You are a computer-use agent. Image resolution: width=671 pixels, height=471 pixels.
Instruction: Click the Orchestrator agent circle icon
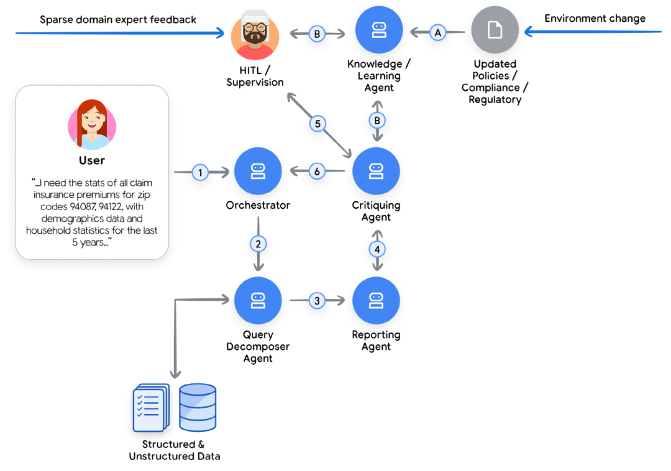[258, 171]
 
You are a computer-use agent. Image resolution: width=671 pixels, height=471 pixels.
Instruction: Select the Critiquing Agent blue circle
[376, 171]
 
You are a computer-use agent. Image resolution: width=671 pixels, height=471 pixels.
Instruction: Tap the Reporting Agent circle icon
[376, 301]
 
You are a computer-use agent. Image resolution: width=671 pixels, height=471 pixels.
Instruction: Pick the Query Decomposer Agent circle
[258, 301]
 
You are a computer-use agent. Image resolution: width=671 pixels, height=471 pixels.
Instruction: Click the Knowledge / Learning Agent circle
[379, 30]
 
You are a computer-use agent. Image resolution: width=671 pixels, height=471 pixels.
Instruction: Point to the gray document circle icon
[495, 30]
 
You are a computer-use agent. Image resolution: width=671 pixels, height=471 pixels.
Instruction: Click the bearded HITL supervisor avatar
[255, 35]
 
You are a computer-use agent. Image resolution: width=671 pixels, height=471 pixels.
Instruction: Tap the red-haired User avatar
[92, 124]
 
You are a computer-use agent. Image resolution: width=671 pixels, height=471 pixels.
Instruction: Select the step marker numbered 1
[200, 172]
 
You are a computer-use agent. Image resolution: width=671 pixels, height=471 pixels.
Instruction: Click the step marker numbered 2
[258, 242]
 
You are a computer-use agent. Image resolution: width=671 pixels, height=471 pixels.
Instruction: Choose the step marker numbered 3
[317, 301]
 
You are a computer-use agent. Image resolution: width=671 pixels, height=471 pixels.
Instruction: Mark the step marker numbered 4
[377, 249]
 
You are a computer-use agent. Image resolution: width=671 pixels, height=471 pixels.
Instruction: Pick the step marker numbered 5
[317, 124]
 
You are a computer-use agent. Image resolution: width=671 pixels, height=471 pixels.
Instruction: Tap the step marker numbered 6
[317, 171]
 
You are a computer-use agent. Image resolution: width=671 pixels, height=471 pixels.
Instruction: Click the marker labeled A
[438, 32]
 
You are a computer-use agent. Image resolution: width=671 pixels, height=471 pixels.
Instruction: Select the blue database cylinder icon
[198, 407]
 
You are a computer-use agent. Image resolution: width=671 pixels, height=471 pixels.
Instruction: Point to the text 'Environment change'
[595, 18]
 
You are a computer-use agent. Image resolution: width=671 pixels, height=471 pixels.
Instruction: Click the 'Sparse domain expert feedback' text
[118, 20]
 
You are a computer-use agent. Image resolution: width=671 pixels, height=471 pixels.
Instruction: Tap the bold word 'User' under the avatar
[92, 160]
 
